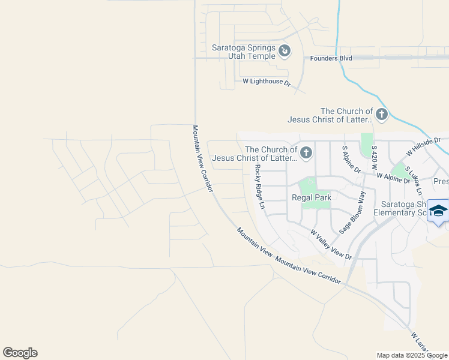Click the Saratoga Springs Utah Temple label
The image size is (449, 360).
(x=244, y=52)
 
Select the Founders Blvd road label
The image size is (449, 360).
(x=331, y=58)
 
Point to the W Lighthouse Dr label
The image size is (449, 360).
(x=266, y=82)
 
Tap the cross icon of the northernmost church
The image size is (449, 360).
(x=381, y=114)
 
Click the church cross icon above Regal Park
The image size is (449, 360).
(x=306, y=152)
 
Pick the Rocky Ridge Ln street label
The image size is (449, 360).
(x=259, y=186)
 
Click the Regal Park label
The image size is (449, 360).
(x=312, y=197)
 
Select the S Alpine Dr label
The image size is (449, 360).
(x=351, y=160)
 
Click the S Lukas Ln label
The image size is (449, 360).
(x=414, y=180)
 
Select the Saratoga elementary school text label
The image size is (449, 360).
(x=401, y=208)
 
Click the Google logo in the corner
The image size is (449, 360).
(x=20, y=353)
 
